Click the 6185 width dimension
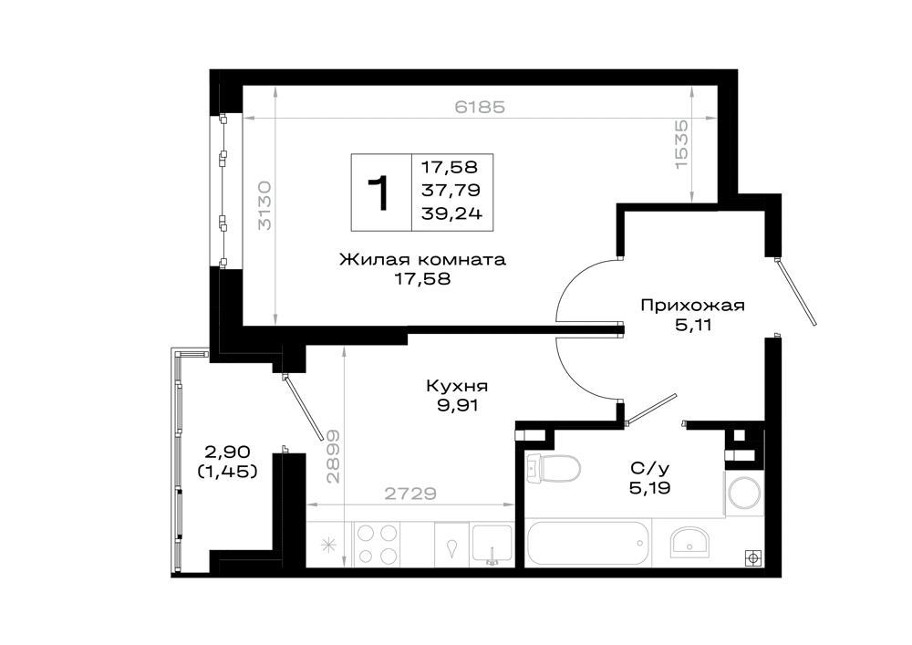point(480,107)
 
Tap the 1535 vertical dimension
point(681,144)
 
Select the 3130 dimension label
point(264,204)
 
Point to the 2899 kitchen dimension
point(333,456)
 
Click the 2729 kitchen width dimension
point(410,494)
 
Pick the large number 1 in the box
point(379,193)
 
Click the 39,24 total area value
point(452,213)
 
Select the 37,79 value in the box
point(451,190)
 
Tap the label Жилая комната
point(423,259)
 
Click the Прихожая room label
point(693,306)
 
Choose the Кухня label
point(457,386)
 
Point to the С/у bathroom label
point(649,468)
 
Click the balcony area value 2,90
point(227,452)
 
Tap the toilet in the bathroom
point(553,468)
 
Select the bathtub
point(587,543)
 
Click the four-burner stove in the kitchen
point(378,544)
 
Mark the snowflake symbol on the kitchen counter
point(329,546)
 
